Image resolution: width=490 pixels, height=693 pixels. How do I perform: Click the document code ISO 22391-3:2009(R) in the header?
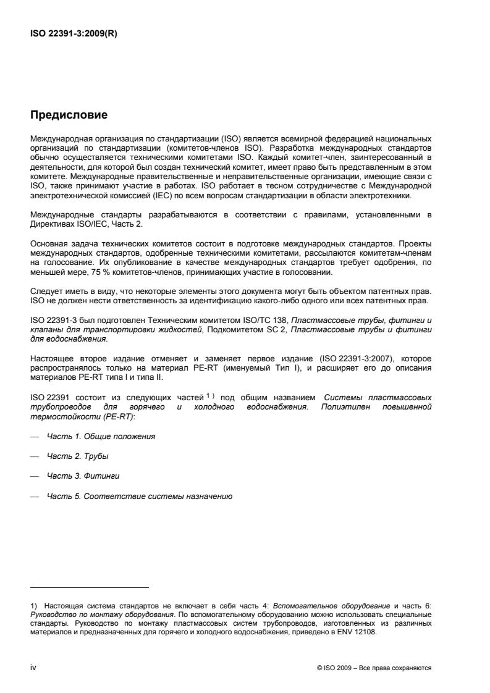coord(74,35)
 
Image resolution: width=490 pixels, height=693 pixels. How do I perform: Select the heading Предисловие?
coord(69,114)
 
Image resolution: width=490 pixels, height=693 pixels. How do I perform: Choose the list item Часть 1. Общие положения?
coord(101,437)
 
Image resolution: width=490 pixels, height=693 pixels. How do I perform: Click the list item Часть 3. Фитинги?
coord(83,476)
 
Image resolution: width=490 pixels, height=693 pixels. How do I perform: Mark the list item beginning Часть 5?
coord(139,497)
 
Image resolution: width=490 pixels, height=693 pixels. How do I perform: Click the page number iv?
coord(33,668)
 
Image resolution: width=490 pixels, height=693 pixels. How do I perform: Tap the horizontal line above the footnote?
coord(90,587)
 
